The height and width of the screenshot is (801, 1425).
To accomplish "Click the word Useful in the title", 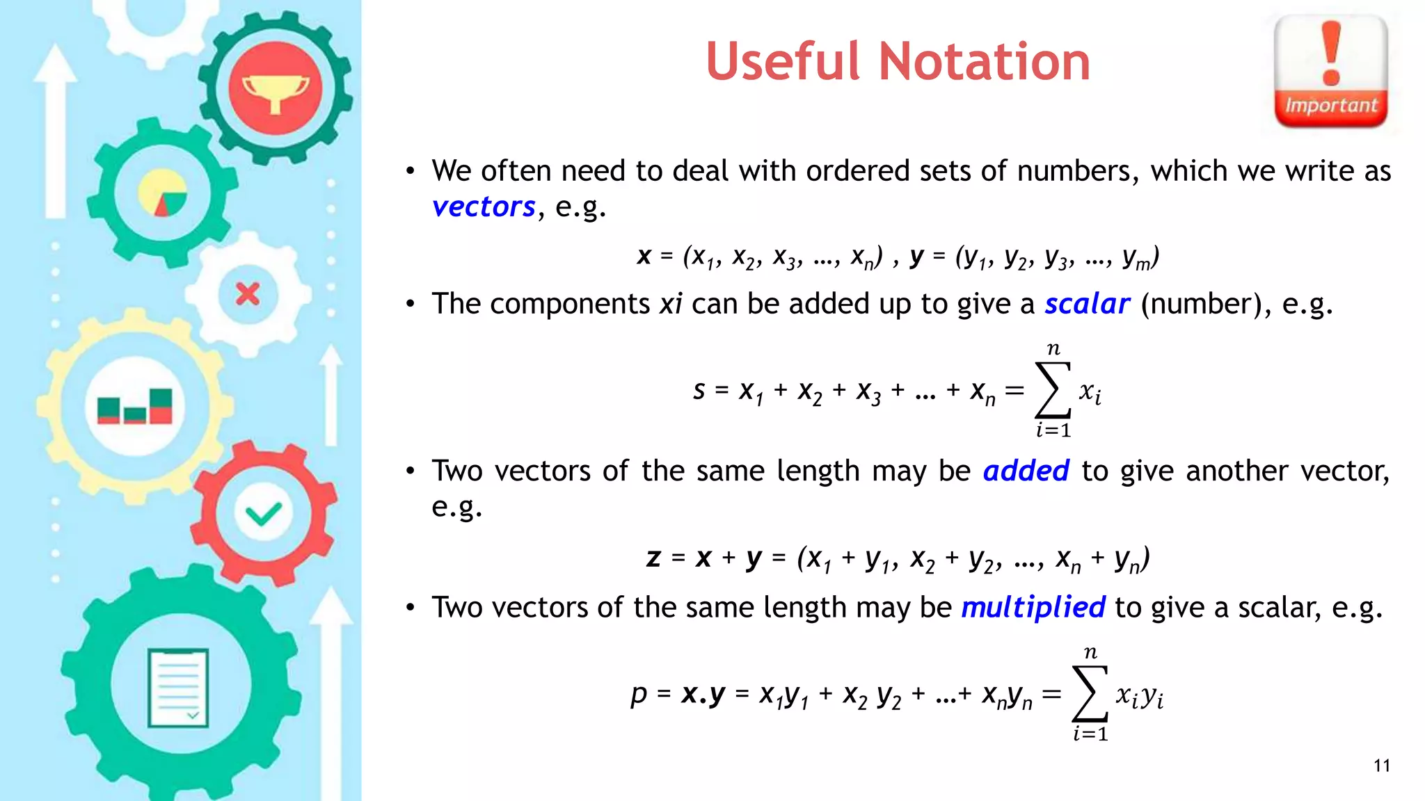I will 783,62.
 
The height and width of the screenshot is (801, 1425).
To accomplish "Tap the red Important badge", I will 1330,72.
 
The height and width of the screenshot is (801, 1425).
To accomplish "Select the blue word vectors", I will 484,207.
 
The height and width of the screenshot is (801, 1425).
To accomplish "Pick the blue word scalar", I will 1087,304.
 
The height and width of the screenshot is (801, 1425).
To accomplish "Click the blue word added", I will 1026,471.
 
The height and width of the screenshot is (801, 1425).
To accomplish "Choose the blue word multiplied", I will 1033,607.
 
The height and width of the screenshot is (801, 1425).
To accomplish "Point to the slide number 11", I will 1382,766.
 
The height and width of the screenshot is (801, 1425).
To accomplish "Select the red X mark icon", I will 248,294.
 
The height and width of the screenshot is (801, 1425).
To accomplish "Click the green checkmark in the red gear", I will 264,514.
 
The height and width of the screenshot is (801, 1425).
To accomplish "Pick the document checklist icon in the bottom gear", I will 178,688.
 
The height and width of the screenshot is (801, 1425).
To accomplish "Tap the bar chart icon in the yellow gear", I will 135,406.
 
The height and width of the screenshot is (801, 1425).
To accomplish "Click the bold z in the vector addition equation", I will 653,558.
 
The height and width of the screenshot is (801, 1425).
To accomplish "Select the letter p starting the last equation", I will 639,695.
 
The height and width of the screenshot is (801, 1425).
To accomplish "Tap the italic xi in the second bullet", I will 671,304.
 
